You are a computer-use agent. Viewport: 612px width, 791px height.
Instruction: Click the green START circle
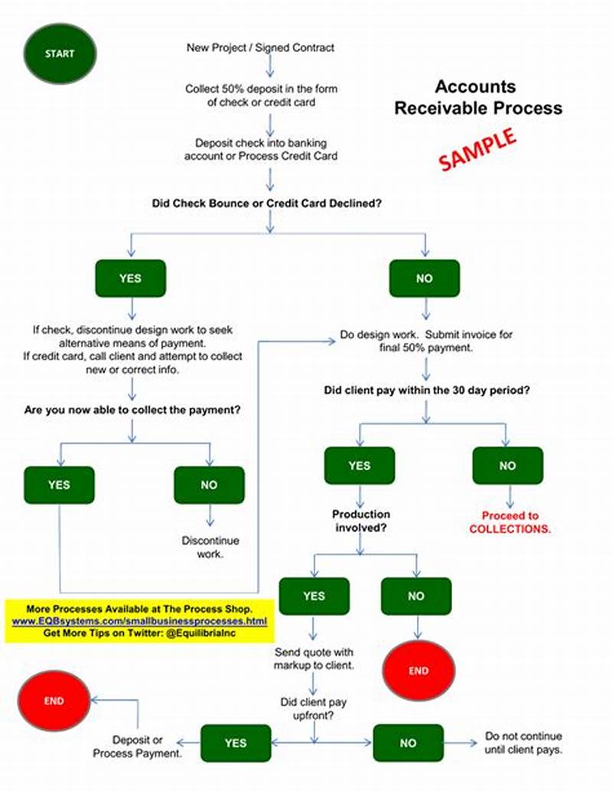click(60, 54)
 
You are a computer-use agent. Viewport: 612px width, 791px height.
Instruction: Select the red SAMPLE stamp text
click(477, 148)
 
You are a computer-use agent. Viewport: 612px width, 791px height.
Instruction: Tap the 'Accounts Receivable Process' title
click(477, 97)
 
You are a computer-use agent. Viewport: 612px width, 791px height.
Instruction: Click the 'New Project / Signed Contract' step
click(261, 47)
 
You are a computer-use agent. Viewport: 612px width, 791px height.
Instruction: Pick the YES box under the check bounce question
click(130, 278)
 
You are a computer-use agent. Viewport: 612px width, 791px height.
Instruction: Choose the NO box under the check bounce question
click(425, 278)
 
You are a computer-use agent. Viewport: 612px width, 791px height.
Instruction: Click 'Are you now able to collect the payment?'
click(132, 410)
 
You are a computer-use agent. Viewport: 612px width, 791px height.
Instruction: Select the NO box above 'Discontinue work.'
click(209, 484)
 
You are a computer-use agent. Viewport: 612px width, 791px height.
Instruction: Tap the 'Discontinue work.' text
click(210, 547)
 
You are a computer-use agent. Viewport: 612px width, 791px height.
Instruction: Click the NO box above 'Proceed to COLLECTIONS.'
click(507, 465)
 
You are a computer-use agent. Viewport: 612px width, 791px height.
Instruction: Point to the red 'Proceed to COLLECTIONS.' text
click(509, 522)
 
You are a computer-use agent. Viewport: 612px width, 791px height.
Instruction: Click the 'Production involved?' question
click(360, 521)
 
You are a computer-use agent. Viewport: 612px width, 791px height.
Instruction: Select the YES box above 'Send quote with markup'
click(314, 596)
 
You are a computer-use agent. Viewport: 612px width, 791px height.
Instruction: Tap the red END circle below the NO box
click(418, 670)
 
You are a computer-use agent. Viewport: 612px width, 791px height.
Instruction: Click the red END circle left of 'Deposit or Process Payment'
click(54, 700)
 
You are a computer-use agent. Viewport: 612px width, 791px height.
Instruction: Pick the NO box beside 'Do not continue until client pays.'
click(408, 742)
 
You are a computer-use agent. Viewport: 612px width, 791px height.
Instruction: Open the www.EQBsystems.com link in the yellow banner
click(140, 621)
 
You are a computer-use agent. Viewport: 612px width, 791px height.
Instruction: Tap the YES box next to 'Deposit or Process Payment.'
click(236, 742)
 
